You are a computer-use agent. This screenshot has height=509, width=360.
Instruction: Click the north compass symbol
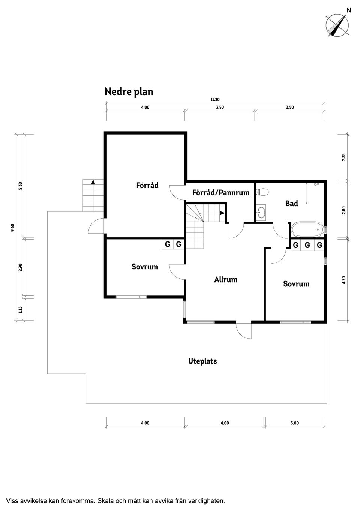337,25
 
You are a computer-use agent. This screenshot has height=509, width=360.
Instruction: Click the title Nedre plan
129,92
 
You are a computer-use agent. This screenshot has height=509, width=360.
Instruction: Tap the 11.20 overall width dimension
215,100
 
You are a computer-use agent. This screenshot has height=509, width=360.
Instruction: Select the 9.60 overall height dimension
13,227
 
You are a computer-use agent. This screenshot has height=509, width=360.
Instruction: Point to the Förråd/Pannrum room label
220,193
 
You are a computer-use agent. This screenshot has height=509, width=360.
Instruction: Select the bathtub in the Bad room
307,229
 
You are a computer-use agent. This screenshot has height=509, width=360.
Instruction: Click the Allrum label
226,280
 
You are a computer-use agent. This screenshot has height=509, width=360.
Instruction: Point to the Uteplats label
202,361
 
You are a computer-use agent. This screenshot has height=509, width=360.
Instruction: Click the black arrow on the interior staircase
222,213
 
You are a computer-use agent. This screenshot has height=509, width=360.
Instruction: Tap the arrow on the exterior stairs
93,182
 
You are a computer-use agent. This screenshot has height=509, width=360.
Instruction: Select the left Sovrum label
144,267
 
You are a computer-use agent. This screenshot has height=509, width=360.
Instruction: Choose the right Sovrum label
296,284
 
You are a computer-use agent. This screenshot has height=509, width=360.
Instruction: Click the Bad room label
291,204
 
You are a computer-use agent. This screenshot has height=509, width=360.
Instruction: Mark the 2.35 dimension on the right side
343,157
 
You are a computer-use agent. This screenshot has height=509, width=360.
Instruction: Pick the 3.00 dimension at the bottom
295,423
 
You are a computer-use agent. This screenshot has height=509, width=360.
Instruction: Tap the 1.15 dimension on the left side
21,310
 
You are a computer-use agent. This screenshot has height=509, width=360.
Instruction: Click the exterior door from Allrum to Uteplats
244,331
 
